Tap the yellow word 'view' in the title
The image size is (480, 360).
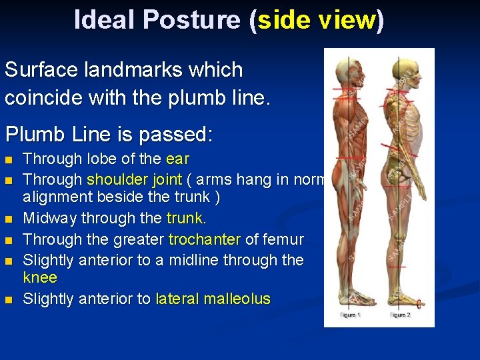tap(346, 20)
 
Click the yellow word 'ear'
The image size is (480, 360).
tap(177, 159)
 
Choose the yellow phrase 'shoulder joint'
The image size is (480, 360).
tap(134, 179)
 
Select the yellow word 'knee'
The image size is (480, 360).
tap(40, 277)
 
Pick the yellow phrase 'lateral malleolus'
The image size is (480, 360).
tap(213, 299)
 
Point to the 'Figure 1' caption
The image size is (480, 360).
tap(351, 315)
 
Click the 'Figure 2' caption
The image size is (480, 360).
tap(400, 315)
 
